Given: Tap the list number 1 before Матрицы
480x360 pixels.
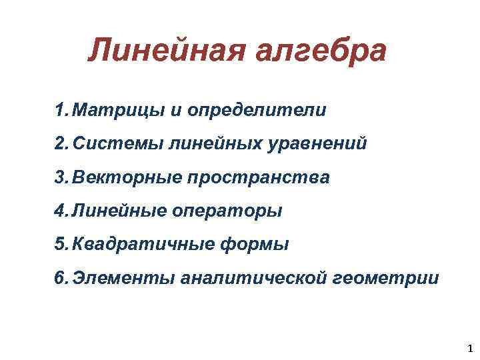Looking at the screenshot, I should [x=61, y=109].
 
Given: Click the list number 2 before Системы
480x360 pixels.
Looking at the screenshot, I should [x=61, y=143].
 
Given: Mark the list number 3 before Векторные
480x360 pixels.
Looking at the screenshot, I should [x=61, y=177].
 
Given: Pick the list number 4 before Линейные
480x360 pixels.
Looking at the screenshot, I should [x=61, y=211].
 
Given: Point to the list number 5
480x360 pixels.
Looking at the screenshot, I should [x=61, y=244].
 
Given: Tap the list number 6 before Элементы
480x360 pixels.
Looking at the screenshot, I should [x=61, y=277].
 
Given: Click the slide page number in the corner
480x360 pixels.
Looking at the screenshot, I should [x=471, y=347].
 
